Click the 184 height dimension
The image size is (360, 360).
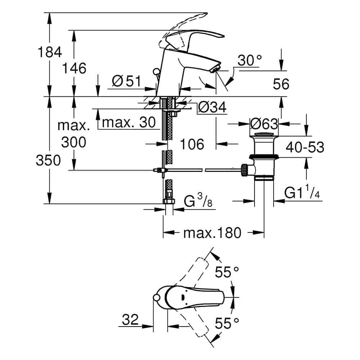(50, 53)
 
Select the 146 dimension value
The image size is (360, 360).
(73, 68)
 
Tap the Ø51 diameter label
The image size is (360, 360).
(126, 81)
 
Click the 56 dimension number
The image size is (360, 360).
(281, 84)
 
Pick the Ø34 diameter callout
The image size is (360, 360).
(212, 107)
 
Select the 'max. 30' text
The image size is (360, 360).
(129, 123)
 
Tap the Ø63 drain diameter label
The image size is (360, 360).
(264, 124)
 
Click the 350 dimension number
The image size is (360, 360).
(48, 161)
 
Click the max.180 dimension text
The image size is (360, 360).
(212, 233)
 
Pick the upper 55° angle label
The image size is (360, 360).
(228, 272)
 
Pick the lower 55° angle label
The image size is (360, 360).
(228, 323)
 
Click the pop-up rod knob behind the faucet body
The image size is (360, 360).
(156, 72)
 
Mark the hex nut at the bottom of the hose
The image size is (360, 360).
(168, 202)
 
